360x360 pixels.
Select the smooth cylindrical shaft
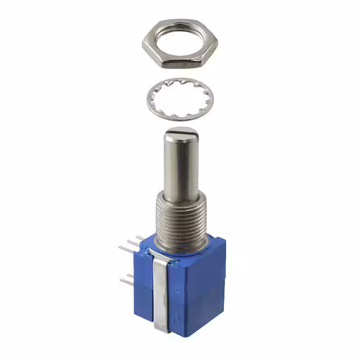[x=181, y=166]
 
